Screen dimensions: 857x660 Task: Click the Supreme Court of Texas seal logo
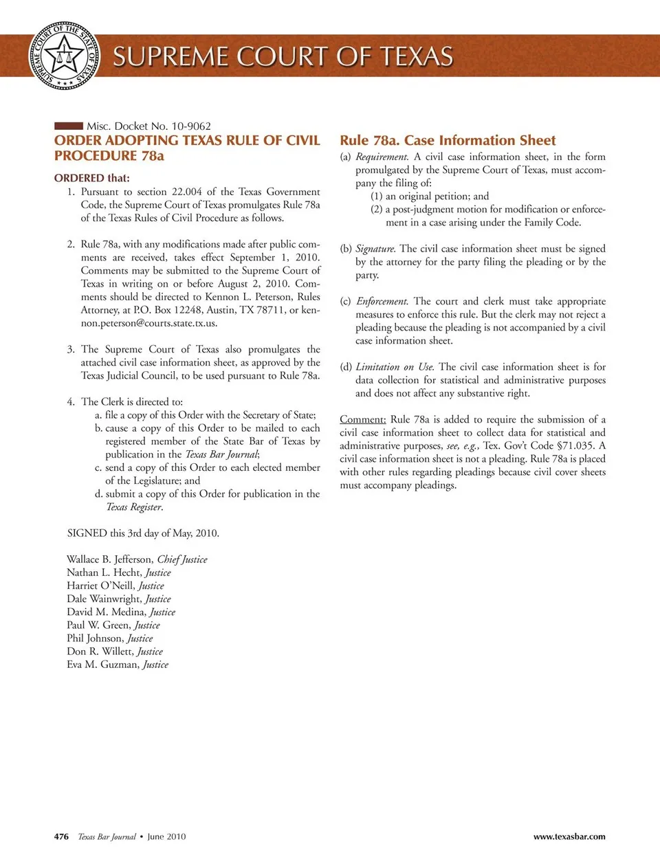[x=64, y=55]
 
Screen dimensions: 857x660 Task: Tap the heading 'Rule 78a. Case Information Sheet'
[x=448, y=141]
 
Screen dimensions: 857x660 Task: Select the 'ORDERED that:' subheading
[x=91, y=178]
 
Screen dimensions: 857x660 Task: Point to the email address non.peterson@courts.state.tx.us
[x=148, y=323]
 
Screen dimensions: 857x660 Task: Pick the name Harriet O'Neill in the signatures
[x=100, y=586]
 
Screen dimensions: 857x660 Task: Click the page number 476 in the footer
[x=61, y=836]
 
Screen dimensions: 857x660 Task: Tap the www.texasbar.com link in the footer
[x=569, y=836]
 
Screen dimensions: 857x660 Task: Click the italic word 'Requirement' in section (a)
[x=382, y=157]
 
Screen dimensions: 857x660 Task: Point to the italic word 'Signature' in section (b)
[x=375, y=249]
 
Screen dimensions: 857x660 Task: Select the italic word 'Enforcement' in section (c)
[x=382, y=302]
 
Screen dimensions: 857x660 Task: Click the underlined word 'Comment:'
[x=362, y=420]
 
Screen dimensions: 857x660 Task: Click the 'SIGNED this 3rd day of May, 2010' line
[x=143, y=533]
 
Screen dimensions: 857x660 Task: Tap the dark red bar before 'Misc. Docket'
[x=68, y=126]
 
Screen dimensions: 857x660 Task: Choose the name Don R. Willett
[x=100, y=652]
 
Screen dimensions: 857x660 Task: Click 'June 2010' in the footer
[x=166, y=836]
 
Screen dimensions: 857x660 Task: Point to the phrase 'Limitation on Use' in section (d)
[x=395, y=367]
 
